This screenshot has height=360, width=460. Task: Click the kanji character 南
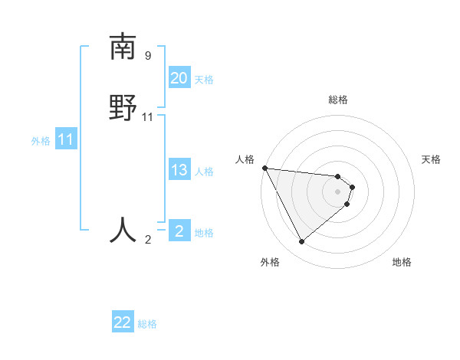[x=123, y=47]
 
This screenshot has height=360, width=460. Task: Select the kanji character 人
[x=123, y=229]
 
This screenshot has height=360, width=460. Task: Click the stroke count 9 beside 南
[x=148, y=56]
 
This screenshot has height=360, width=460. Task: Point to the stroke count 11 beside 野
[x=148, y=116]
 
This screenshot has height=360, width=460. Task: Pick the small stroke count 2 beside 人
[x=148, y=240]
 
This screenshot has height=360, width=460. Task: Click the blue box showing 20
[x=179, y=77]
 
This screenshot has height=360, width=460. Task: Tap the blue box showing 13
[x=179, y=170]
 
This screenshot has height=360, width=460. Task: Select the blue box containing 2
[x=179, y=231]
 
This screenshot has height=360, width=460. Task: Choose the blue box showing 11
[x=66, y=139]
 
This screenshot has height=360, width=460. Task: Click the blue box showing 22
[x=123, y=322]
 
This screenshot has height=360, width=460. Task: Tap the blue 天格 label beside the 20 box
[x=204, y=79]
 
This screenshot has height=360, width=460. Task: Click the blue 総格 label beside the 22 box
[x=147, y=324]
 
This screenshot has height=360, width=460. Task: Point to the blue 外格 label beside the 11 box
[x=41, y=141]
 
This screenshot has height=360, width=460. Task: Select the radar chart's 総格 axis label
[x=338, y=100]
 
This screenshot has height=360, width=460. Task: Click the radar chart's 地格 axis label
[x=402, y=262]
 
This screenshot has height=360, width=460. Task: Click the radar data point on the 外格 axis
[x=301, y=241]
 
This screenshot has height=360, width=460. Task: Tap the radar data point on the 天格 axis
[x=352, y=186]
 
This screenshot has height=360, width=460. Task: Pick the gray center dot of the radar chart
[x=338, y=191]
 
